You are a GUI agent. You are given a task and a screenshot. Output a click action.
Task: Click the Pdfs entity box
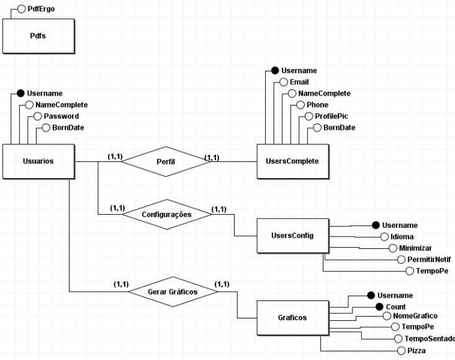click(x=38, y=36)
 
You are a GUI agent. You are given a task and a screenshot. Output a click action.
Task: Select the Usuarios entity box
click(x=38, y=161)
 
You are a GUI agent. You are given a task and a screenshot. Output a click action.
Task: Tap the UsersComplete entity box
click(x=293, y=161)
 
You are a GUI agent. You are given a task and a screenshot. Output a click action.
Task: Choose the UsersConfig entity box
click(x=293, y=236)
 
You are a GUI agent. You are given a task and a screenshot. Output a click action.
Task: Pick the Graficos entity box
click(x=293, y=318)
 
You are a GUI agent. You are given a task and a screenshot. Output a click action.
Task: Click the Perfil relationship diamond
click(x=166, y=161)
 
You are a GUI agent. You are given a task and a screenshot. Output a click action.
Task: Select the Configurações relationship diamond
click(x=167, y=214)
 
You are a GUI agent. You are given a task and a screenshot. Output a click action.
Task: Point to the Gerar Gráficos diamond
click(x=173, y=292)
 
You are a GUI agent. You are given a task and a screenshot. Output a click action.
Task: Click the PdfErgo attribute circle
click(x=22, y=9)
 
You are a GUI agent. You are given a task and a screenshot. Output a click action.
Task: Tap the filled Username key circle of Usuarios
click(x=20, y=93)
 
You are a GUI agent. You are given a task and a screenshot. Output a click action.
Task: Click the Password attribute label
click(x=61, y=116)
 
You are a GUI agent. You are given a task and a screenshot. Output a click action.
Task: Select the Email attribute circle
click(x=284, y=82)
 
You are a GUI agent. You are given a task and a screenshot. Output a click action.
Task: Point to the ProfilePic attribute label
click(x=331, y=116)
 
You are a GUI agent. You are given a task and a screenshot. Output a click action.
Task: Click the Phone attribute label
click(x=317, y=105)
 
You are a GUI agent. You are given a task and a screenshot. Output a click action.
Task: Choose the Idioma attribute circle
click(x=384, y=237)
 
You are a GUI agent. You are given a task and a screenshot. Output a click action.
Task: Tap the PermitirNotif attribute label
click(x=429, y=259)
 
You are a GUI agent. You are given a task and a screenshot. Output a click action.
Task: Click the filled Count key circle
click(x=379, y=307)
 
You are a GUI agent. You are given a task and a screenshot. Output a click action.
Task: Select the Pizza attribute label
click(x=417, y=351)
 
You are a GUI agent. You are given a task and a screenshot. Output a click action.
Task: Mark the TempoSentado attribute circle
click(x=398, y=338)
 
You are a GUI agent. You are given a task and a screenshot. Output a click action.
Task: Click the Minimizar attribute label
click(x=415, y=248)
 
